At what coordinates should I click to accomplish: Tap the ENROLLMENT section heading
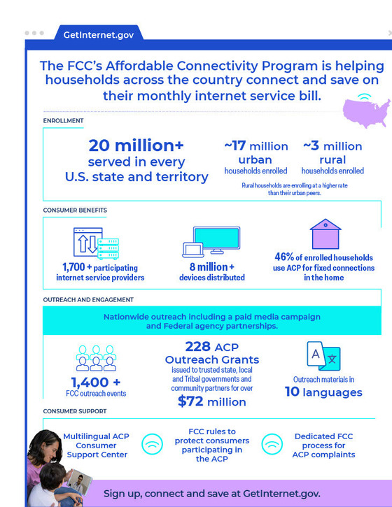63,121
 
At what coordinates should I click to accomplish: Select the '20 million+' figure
136,145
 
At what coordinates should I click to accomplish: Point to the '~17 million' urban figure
255,146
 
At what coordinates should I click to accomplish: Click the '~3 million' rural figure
332,146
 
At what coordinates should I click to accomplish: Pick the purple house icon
325,236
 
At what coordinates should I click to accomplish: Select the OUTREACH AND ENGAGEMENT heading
87,300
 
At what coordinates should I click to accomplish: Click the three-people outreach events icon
95,358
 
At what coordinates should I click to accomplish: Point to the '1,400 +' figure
95,383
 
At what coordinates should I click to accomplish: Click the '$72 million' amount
211,402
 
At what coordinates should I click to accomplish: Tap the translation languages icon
323,356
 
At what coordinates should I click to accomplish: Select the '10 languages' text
323,392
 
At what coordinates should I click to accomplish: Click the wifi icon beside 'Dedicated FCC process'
272,444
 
